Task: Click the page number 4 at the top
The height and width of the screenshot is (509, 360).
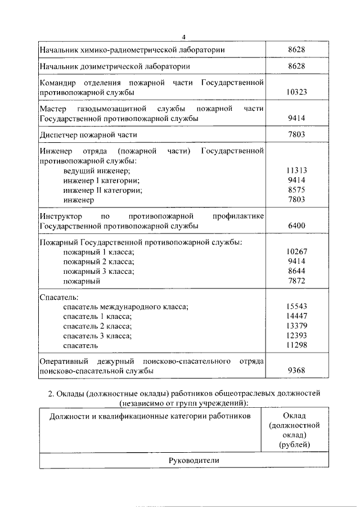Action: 183,37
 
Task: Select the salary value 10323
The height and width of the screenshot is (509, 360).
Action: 296,92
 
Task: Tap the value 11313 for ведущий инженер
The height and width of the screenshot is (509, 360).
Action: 296,170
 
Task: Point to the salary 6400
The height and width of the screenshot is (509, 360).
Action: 296,226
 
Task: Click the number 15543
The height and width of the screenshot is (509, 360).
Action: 296,306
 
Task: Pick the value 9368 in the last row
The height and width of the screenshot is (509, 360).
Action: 296,371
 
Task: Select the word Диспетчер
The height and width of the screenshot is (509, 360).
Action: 60,135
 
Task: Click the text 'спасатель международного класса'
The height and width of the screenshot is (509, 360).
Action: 125,307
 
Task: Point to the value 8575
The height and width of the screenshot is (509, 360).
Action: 296,190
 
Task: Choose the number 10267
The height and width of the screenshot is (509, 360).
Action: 296,251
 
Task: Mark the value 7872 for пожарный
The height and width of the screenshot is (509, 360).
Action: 296,281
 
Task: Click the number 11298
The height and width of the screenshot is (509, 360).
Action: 296,345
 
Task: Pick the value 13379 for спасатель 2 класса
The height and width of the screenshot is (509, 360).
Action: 296,326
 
